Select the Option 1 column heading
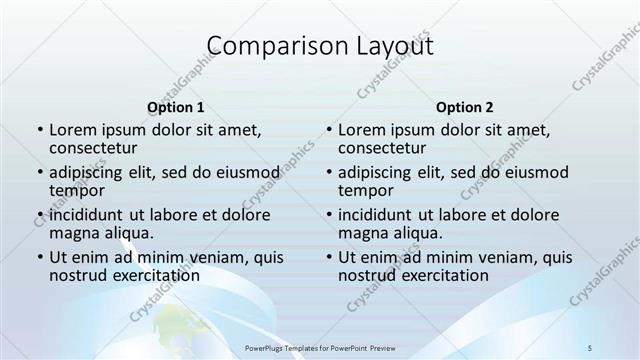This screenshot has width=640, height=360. pyautogui.click(x=176, y=106)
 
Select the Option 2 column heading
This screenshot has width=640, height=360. pyautogui.click(x=465, y=106)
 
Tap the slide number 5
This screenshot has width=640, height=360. pyautogui.click(x=591, y=346)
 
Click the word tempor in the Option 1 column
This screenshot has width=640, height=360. pyautogui.click(x=77, y=191)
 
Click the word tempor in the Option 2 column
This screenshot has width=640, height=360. pyautogui.click(x=366, y=191)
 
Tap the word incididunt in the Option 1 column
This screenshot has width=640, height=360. pyautogui.click(x=86, y=215)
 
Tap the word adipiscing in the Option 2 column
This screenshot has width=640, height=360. pyautogui.click(x=375, y=172)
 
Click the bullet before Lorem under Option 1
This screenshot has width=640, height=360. pyautogui.click(x=39, y=130)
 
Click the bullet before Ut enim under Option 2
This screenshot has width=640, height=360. pyautogui.click(x=328, y=257)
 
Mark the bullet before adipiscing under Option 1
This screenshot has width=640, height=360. pyautogui.click(x=39, y=172)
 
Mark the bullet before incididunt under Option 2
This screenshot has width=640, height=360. pyautogui.click(x=328, y=215)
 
